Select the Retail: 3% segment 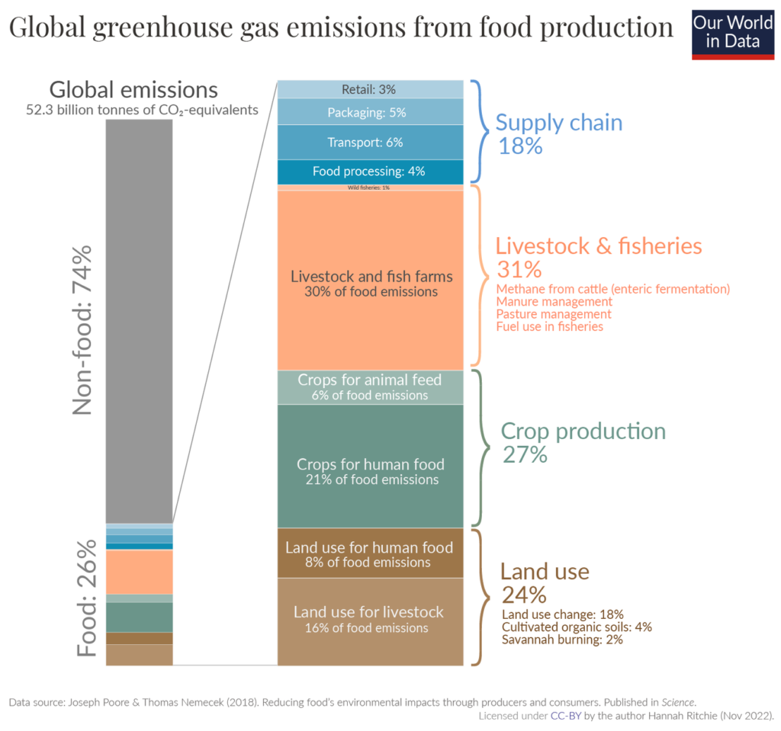pyautogui.click(x=370, y=89)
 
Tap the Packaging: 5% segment pyautogui.click(x=370, y=112)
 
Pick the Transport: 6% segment pyautogui.click(x=370, y=142)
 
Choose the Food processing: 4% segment pyautogui.click(x=370, y=171)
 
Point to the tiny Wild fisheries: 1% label pyautogui.click(x=369, y=187)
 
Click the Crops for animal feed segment pyautogui.click(x=370, y=387)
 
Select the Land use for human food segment pyautogui.click(x=370, y=553)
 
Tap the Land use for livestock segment pyautogui.click(x=370, y=620)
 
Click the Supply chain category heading pyautogui.click(x=558, y=123)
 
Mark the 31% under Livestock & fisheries pyautogui.click(x=519, y=269)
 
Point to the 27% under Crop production pyautogui.click(x=524, y=455)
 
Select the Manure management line pyautogui.click(x=554, y=302)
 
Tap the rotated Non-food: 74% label pyautogui.click(x=82, y=329)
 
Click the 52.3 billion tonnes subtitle pyautogui.click(x=142, y=111)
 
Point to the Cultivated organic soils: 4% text pyautogui.click(x=577, y=627)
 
